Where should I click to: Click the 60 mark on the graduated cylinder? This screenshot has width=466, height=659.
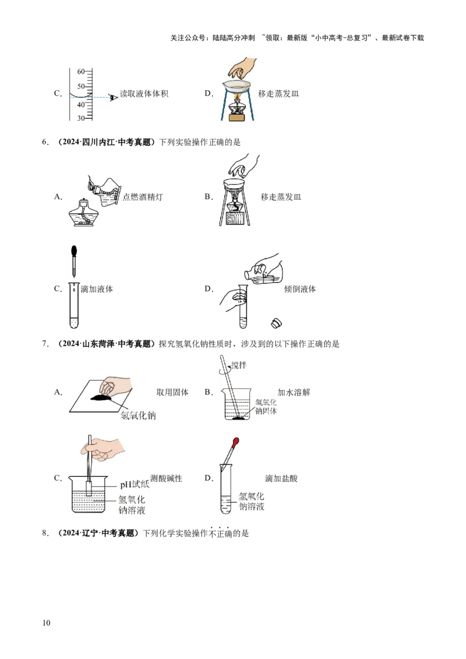tap(81, 72)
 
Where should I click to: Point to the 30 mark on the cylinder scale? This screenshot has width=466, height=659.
tap(81, 118)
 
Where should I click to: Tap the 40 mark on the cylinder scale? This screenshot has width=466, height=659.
tap(81, 104)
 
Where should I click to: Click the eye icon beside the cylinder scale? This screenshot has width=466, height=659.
tap(114, 97)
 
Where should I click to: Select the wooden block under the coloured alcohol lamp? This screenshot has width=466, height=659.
tap(237, 118)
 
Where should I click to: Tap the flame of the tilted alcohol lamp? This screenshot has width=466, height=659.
tap(90, 187)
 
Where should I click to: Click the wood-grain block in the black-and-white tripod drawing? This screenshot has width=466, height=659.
tap(237, 219)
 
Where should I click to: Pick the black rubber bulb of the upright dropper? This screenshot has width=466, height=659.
tap(74, 251)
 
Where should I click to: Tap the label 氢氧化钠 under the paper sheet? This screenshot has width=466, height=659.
tap(139, 416)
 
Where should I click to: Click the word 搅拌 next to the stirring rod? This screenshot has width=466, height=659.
tap(239, 364)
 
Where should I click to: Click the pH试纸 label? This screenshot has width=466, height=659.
tap(135, 484)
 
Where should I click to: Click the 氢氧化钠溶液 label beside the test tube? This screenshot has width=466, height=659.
tap(251, 501)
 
